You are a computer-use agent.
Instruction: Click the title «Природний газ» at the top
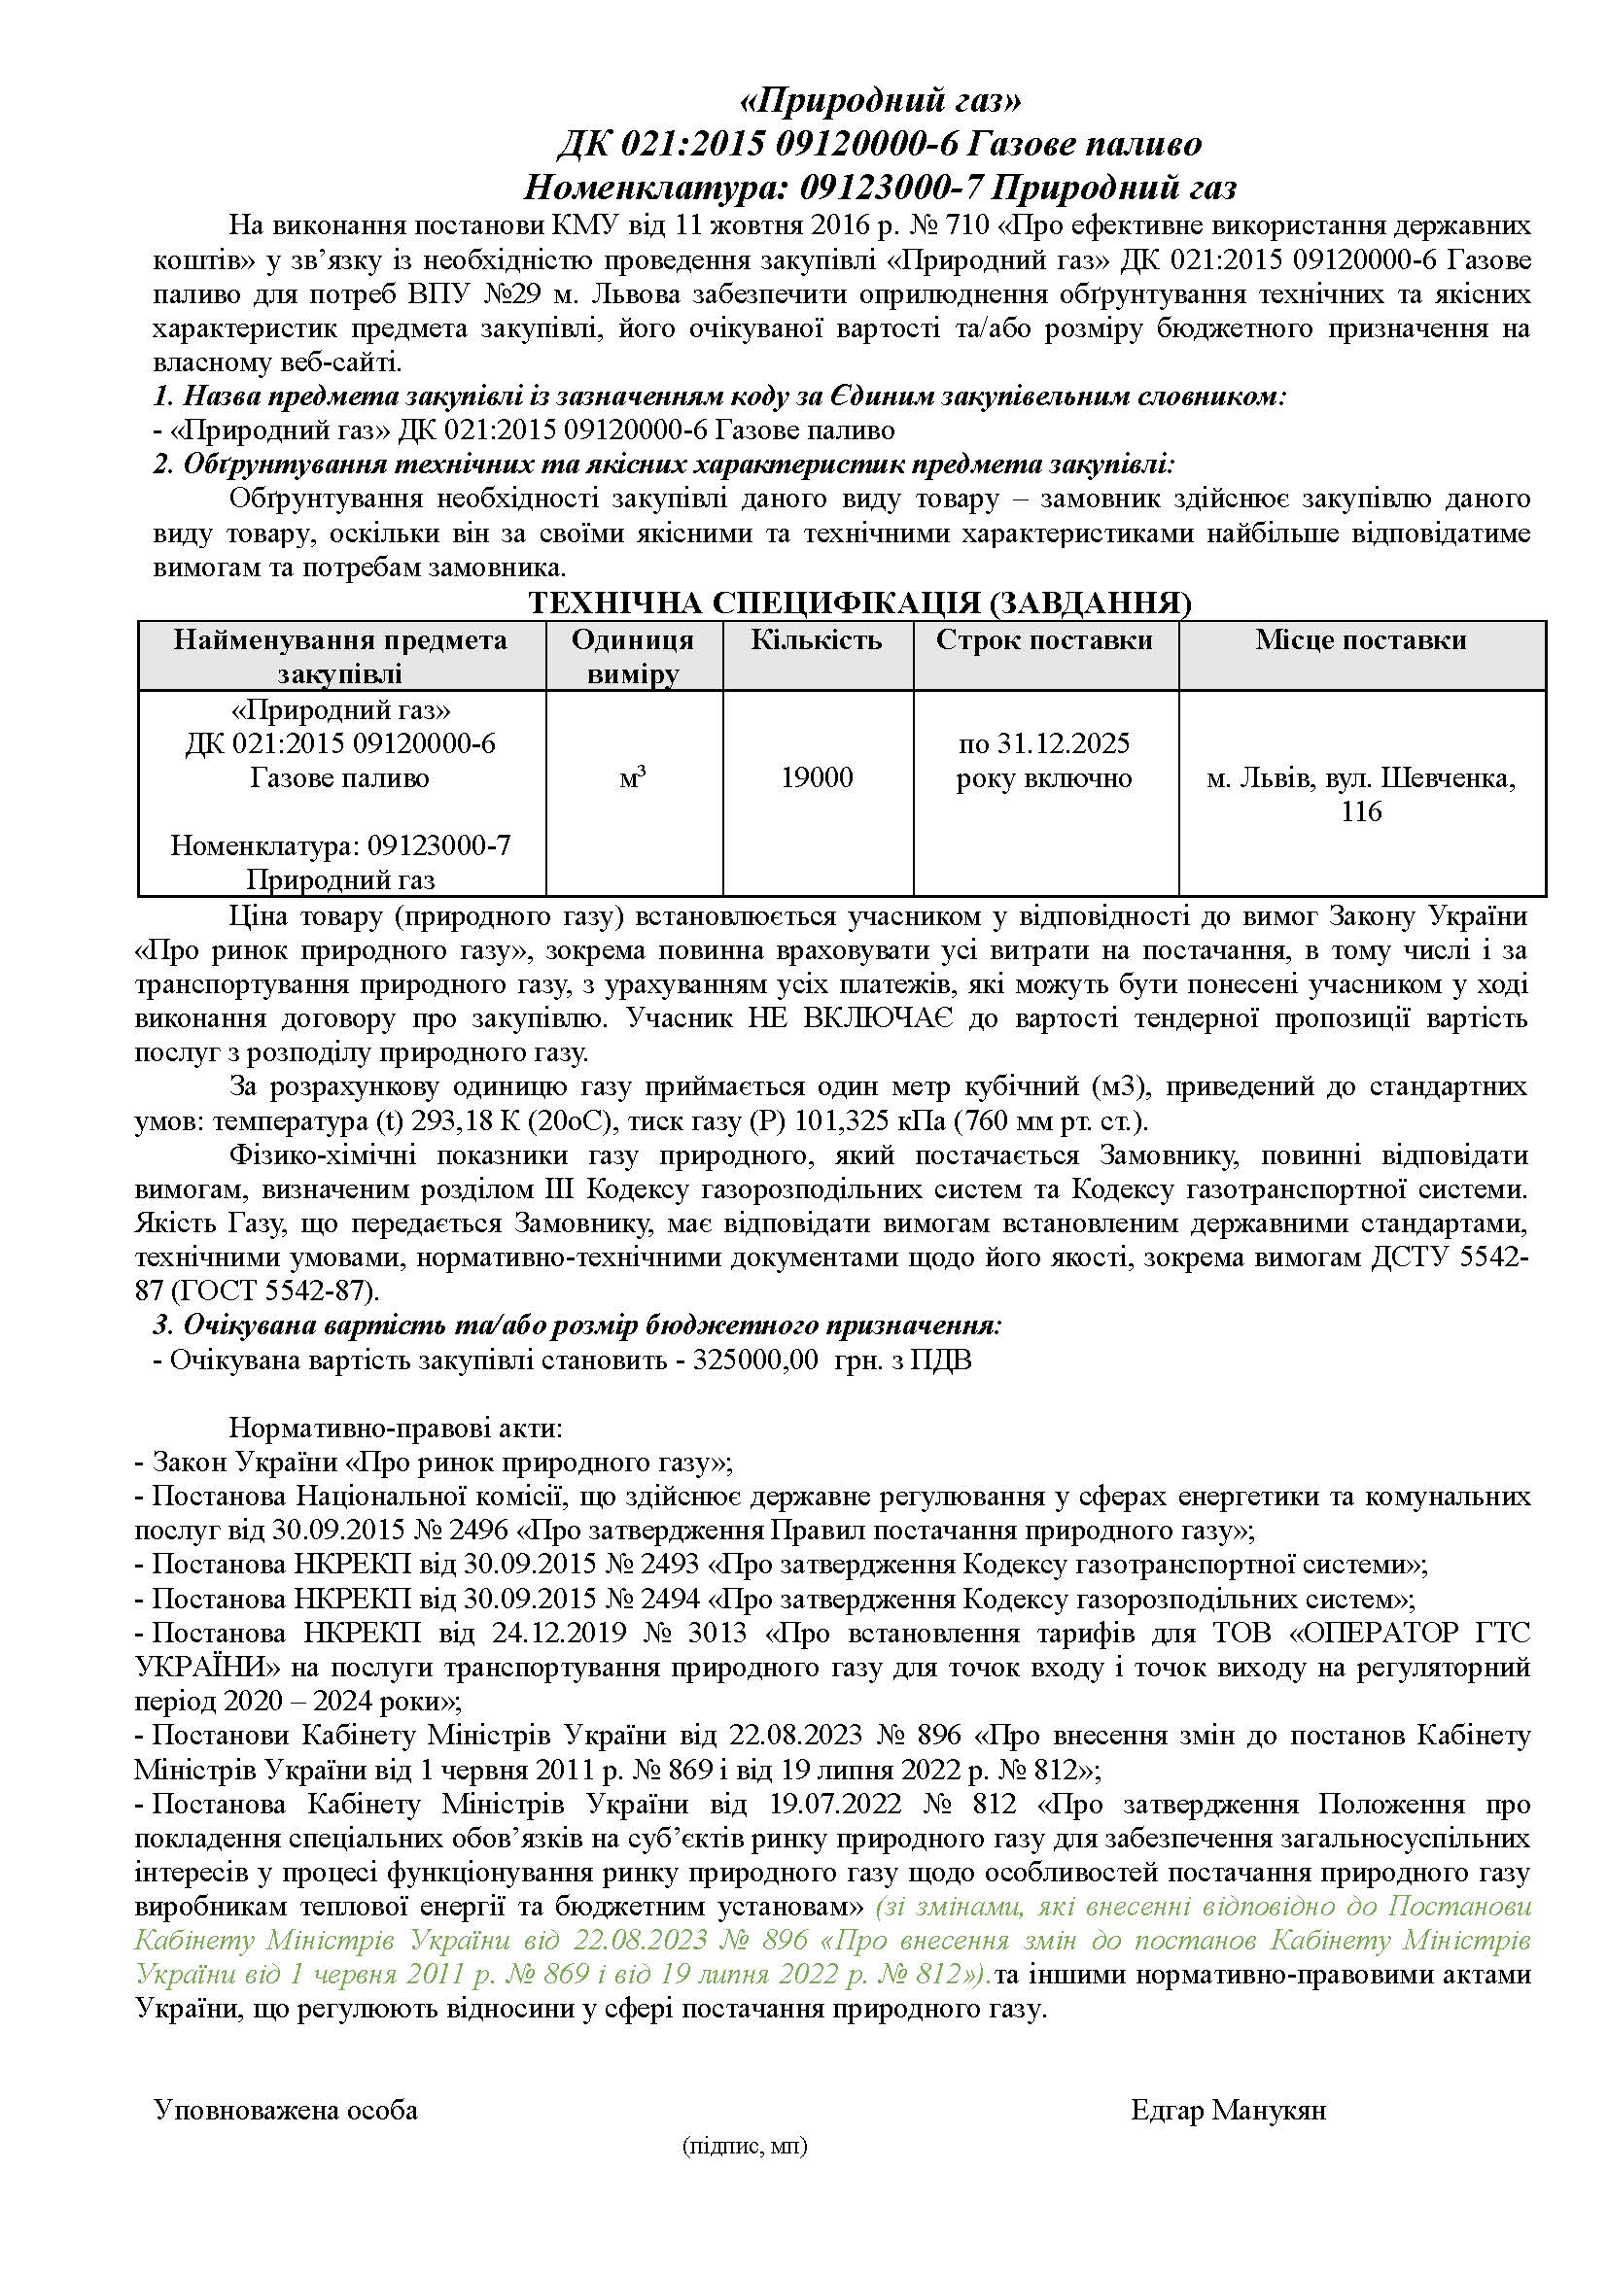tap(880, 101)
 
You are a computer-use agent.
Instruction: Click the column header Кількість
tap(816, 640)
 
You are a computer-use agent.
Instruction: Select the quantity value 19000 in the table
tap(816, 777)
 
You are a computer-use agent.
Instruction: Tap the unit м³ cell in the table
tap(633, 778)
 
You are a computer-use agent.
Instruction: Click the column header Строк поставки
tap(1043, 640)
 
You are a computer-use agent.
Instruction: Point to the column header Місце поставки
tap(1360, 640)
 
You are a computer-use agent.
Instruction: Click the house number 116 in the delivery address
tap(1360, 812)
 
